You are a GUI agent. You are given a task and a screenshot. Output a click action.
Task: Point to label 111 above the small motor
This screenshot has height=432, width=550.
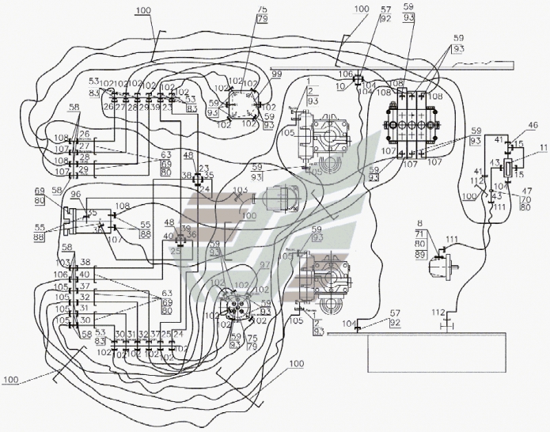tap(451, 238)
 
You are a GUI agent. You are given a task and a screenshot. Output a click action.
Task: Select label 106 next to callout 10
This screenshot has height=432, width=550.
tap(344, 74)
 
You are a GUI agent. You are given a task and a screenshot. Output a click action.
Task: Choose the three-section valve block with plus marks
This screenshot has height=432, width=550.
tap(412, 123)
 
